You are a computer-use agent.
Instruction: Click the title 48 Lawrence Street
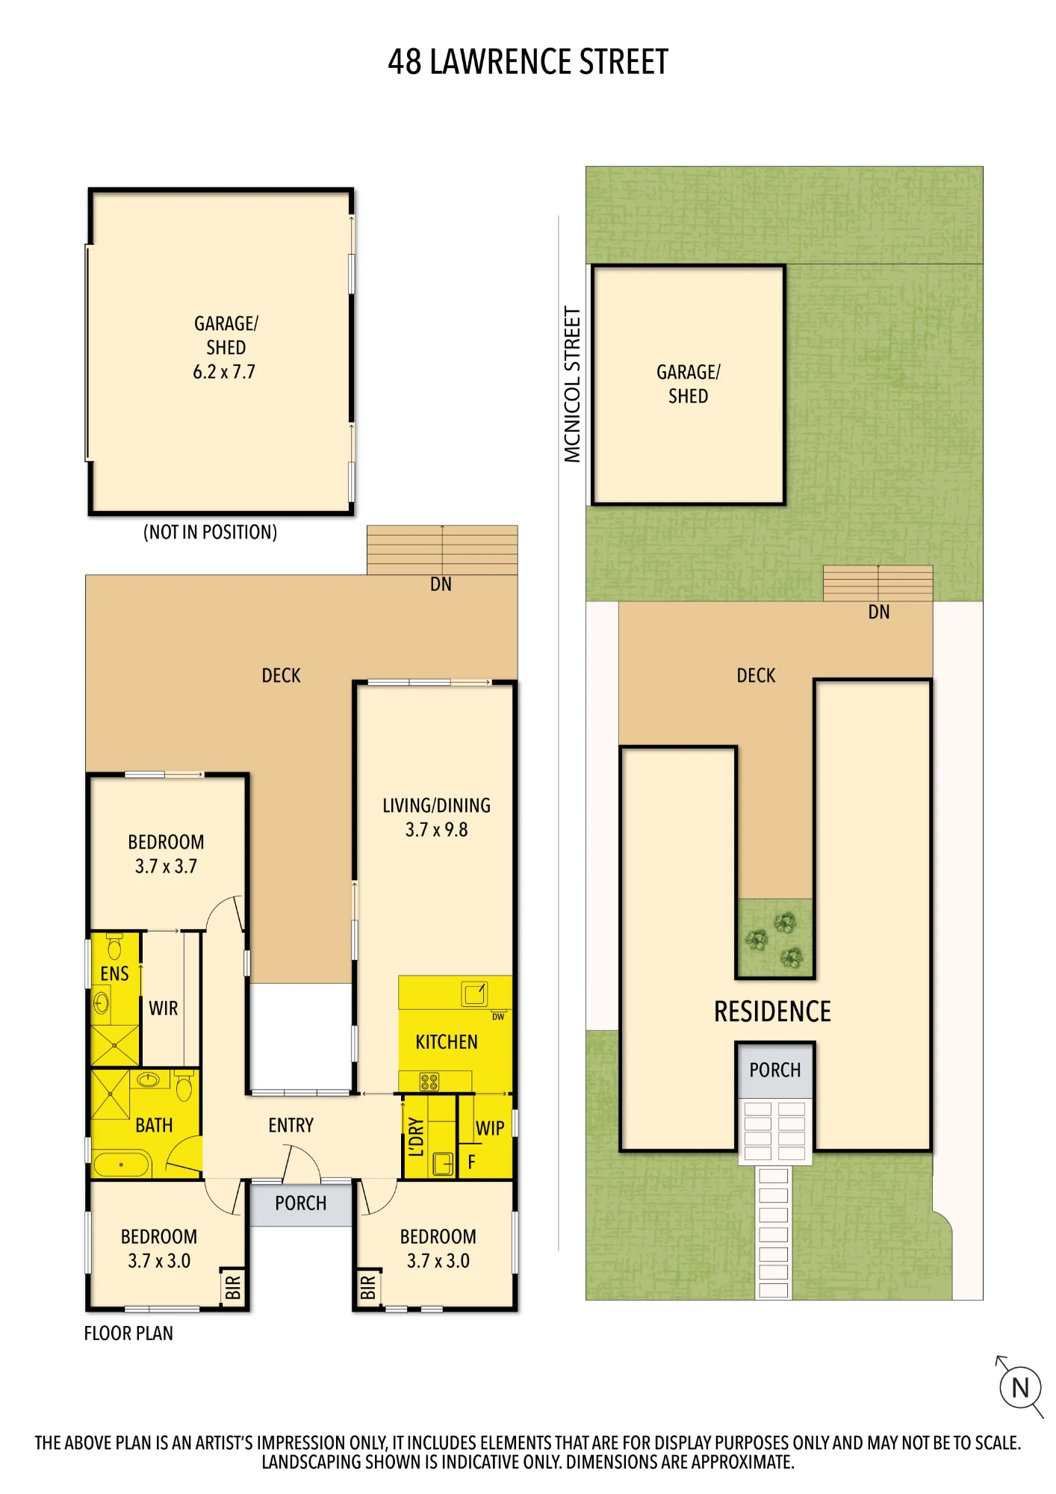point(528,62)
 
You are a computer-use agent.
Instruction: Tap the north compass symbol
point(1020,1387)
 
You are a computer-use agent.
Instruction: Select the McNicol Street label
point(572,384)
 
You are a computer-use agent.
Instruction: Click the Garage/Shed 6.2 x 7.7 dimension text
point(224,372)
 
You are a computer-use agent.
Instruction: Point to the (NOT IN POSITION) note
point(210,532)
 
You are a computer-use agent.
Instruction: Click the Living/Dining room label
point(437,805)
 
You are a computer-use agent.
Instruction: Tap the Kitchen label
point(447,1042)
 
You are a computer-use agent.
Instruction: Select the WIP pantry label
point(490,1128)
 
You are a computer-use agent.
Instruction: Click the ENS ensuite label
point(114,973)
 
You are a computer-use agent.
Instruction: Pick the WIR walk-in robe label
point(164,1008)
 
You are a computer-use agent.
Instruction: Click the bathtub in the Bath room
point(122,1164)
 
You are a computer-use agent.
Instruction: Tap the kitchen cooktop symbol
point(429,1081)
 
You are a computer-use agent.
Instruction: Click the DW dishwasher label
point(498,1017)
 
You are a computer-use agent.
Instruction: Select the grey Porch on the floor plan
point(301,1204)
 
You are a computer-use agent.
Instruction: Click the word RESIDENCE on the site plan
point(773,1011)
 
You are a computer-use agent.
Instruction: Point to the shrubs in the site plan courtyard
point(774,940)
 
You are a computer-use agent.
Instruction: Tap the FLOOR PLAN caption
point(128,1333)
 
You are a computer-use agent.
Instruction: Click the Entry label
point(291,1125)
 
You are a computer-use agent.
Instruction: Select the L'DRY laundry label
point(416,1137)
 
